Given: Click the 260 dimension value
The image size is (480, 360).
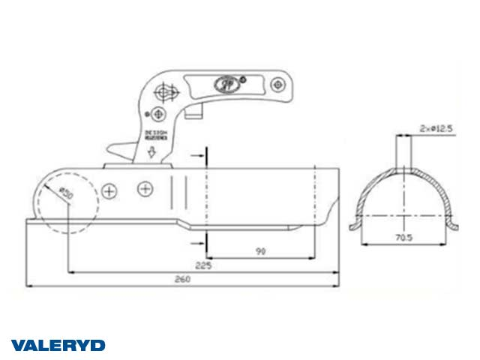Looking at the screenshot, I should [x=181, y=278].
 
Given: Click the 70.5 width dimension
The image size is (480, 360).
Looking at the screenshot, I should [x=405, y=238].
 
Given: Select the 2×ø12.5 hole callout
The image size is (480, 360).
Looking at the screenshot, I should [x=437, y=129].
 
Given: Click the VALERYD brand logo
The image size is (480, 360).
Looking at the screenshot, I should [x=58, y=345].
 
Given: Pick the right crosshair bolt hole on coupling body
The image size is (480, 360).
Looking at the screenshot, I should [x=143, y=189].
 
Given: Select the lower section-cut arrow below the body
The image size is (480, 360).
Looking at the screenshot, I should [x=202, y=244].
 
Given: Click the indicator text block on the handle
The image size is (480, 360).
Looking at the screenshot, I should [x=153, y=136].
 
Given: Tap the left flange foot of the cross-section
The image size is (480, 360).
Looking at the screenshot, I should [x=354, y=224].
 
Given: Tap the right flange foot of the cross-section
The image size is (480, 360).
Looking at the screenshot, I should [x=457, y=224].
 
